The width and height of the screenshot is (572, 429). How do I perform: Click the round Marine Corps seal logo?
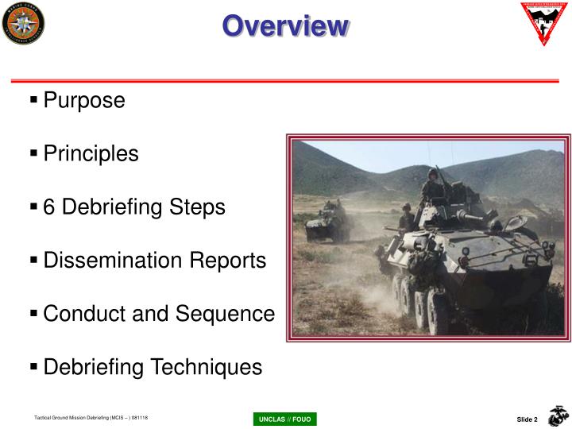pyautogui.click(x=23, y=24)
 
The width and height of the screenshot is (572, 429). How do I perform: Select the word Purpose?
pyautogui.click(x=84, y=101)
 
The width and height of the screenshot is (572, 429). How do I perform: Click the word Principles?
pyautogui.click(x=91, y=153)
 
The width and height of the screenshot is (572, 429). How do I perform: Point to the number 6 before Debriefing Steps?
pyautogui.click(x=49, y=207)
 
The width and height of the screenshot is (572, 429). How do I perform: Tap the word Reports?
pyautogui.click(x=230, y=261)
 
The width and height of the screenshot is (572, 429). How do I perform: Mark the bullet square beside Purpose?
pyautogui.click(x=34, y=101)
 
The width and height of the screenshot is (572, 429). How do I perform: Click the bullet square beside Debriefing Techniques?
pyautogui.click(x=34, y=367)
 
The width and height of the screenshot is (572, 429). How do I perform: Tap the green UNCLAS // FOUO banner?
pyautogui.click(x=284, y=419)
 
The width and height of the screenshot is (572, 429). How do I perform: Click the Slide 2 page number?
pyautogui.click(x=527, y=419)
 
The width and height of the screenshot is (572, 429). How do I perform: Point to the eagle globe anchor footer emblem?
pyautogui.click(x=558, y=415)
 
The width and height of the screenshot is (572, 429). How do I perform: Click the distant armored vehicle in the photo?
pyautogui.click(x=328, y=220)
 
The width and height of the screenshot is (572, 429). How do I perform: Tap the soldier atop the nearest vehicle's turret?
pyautogui.click(x=433, y=189)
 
